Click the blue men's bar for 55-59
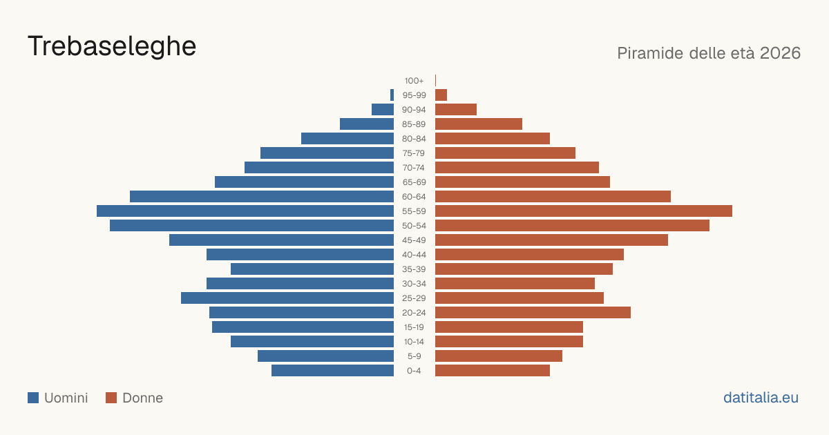click(245, 211)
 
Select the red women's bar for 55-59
click(584, 211)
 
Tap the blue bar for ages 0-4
click(333, 371)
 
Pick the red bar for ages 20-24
click(533, 313)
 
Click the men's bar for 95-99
click(392, 95)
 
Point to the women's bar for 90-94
click(456, 110)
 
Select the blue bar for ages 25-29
click(287, 298)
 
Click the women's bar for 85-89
click(479, 124)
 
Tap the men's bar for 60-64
click(262, 196)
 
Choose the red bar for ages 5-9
click(499, 356)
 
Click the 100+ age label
click(414, 81)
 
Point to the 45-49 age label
click(414, 240)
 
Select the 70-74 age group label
click(414, 168)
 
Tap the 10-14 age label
click(414, 342)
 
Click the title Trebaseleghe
click(112, 46)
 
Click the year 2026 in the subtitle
click(780, 53)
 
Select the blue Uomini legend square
click(33, 398)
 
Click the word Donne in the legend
click(143, 398)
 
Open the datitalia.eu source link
click(761, 398)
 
